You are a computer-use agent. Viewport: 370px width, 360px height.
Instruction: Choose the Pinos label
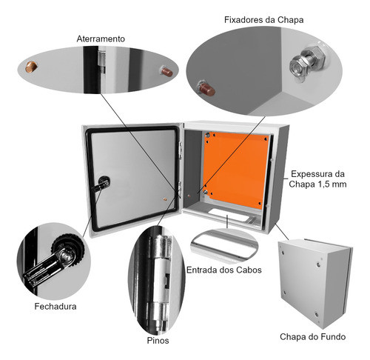tap(157, 340)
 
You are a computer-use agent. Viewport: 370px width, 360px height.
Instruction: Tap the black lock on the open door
tap(103, 183)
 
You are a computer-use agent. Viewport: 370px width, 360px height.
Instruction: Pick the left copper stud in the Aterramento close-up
tap(33, 67)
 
